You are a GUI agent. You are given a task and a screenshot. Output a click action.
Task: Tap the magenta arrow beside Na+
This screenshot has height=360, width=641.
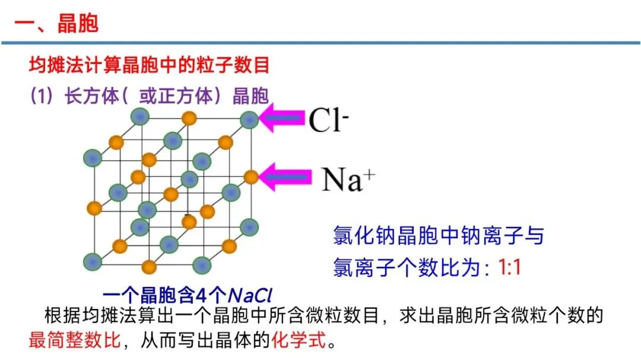(285, 177)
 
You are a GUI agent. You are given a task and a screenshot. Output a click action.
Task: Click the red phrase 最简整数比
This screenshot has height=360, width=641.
(75, 340)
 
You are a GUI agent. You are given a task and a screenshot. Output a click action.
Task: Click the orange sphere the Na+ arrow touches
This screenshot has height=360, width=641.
(251, 177)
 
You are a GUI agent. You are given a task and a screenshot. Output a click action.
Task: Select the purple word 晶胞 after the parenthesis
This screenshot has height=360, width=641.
(250, 96)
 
